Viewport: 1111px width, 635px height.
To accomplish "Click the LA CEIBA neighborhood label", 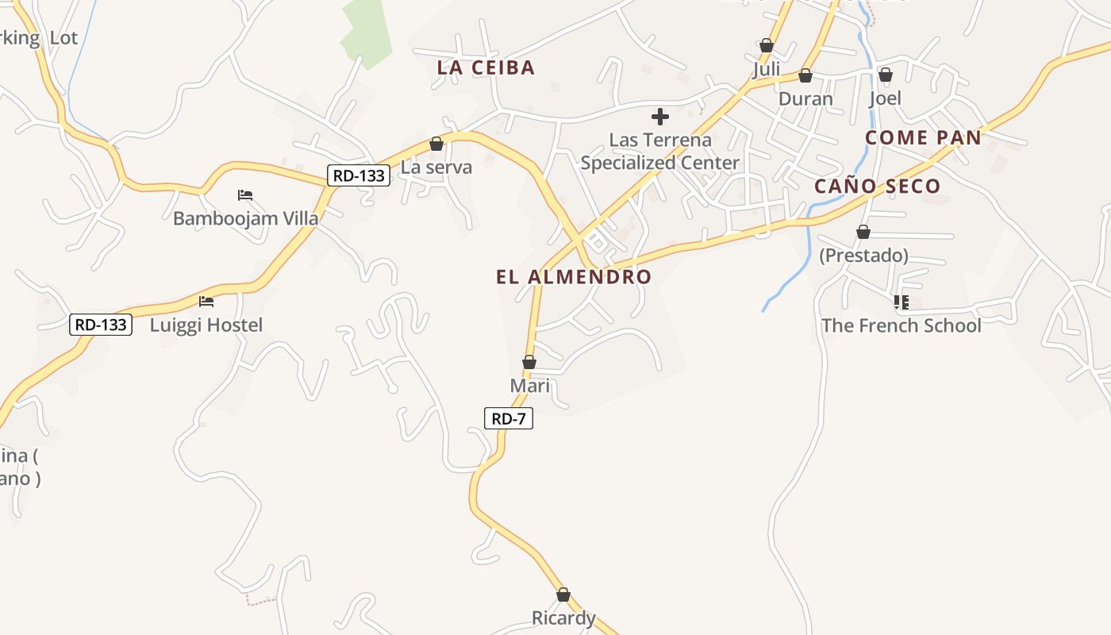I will [x=486, y=67].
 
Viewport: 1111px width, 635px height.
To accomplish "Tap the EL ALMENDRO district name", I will [x=574, y=277].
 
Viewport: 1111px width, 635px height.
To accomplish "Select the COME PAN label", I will [x=923, y=137].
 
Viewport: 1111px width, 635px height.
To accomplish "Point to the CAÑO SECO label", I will [x=877, y=187].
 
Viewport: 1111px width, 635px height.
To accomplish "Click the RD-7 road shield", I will [x=508, y=418].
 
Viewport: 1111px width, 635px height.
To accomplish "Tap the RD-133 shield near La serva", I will [x=359, y=175].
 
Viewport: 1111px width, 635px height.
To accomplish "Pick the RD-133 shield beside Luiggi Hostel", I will [x=100, y=324].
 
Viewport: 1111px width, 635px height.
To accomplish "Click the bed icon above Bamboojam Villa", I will [x=245, y=194].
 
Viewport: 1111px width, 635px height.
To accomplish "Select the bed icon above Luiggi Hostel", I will [x=206, y=302].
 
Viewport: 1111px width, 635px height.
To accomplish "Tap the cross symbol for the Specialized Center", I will [x=659, y=117].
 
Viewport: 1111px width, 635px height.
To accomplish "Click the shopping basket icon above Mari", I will [x=529, y=363].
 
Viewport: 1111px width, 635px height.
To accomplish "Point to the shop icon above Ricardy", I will [x=563, y=595].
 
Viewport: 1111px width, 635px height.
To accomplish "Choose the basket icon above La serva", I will [x=436, y=144].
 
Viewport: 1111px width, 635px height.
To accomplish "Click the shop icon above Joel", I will [x=885, y=75].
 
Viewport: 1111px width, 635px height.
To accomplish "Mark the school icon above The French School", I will [x=901, y=302].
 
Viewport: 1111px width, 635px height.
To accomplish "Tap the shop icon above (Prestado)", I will [x=863, y=232].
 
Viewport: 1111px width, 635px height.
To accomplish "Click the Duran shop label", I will [x=805, y=99].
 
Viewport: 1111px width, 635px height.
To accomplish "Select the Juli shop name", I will [x=766, y=69].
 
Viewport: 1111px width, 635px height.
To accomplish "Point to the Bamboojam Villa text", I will [x=246, y=218].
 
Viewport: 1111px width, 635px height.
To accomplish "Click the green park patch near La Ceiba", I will [x=367, y=32].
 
